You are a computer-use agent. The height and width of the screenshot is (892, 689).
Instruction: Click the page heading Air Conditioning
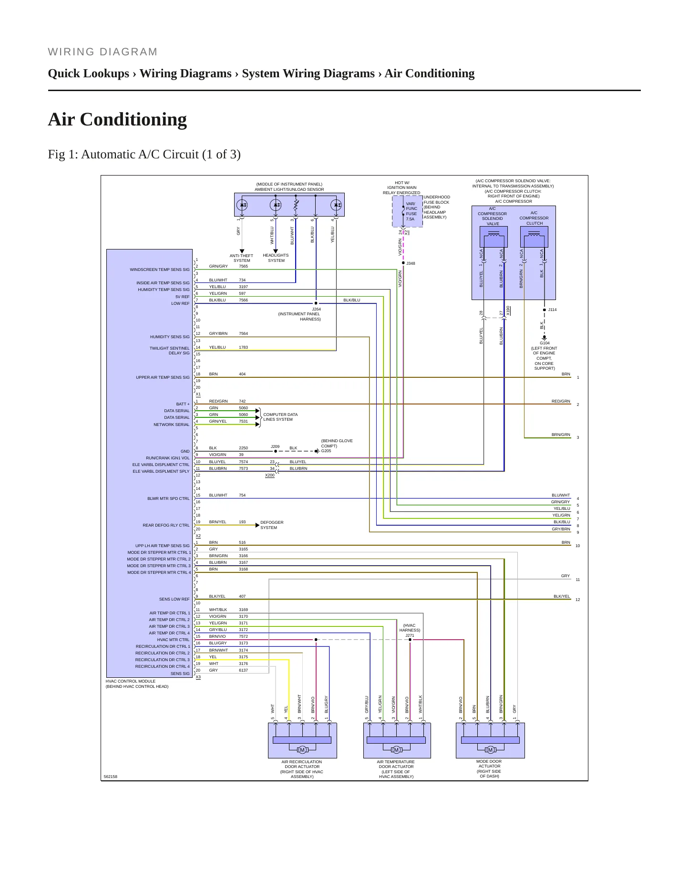[x=117, y=119]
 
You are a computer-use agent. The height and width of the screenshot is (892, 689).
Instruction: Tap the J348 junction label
[x=411, y=263]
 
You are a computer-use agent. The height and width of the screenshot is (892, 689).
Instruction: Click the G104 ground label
[x=545, y=343]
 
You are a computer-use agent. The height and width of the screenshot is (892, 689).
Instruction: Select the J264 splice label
[x=316, y=309]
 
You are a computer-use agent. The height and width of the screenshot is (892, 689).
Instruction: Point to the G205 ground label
[x=326, y=451]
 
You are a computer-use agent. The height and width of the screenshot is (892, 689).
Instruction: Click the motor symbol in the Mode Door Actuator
[x=490, y=750]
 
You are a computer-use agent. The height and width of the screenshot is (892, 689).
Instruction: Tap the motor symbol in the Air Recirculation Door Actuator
[x=302, y=750]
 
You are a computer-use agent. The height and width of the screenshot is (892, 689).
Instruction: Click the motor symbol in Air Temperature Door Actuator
[x=396, y=750]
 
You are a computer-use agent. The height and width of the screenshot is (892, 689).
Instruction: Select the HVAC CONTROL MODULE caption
[x=131, y=681]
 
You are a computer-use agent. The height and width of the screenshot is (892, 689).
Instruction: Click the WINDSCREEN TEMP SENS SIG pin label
[x=160, y=270]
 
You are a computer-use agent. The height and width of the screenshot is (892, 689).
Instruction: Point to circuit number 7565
[x=243, y=266]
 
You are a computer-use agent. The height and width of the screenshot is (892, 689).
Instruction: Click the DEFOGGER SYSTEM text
[x=272, y=525]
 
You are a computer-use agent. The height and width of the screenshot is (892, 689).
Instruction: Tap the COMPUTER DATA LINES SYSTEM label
[x=280, y=417]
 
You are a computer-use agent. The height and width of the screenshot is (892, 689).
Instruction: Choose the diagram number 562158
[x=111, y=777]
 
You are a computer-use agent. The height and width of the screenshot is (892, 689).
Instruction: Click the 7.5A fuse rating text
[x=410, y=219]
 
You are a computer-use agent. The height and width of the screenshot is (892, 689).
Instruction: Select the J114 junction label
[x=552, y=310]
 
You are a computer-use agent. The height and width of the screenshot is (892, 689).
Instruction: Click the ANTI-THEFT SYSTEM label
[x=242, y=258]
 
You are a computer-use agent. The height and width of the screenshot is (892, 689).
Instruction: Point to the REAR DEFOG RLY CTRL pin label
[x=166, y=525]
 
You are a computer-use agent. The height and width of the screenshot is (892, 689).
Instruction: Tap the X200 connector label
[x=270, y=475]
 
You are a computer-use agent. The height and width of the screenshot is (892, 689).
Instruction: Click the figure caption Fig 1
[x=144, y=155]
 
